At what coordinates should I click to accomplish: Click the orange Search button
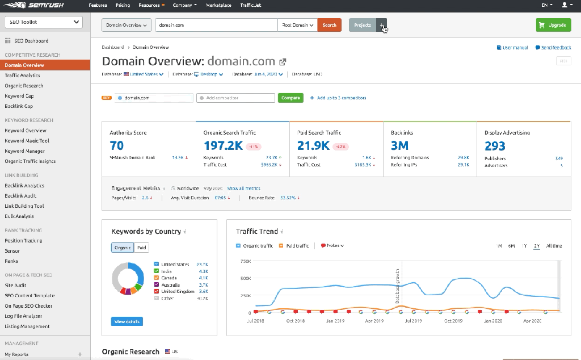pos(329,25)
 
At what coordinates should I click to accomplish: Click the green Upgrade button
pos(553,25)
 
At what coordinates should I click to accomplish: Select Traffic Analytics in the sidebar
pos(23,76)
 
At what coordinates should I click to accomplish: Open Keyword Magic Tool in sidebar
pos(27,141)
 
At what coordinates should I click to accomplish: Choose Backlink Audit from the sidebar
pos(21,196)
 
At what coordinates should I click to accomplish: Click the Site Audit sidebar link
pos(15,285)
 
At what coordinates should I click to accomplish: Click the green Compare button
pos(290,98)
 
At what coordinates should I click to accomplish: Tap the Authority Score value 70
pos(117,146)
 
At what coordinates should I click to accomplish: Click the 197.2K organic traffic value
pos(223,146)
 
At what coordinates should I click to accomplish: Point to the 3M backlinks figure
pos(399,146)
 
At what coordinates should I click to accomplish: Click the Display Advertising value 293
pos(495,146)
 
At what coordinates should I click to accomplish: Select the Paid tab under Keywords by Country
pos(142,248)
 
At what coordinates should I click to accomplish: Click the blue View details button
pos(127,321)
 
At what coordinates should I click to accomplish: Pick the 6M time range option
pos(511,246)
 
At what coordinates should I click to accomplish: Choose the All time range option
pos(554,246)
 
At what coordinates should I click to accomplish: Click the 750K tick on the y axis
pos(246,261)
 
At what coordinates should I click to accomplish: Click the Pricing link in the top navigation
pos(123,5)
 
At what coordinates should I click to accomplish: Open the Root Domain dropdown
pos(297,25)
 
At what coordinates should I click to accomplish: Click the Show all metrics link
pos(243,189)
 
